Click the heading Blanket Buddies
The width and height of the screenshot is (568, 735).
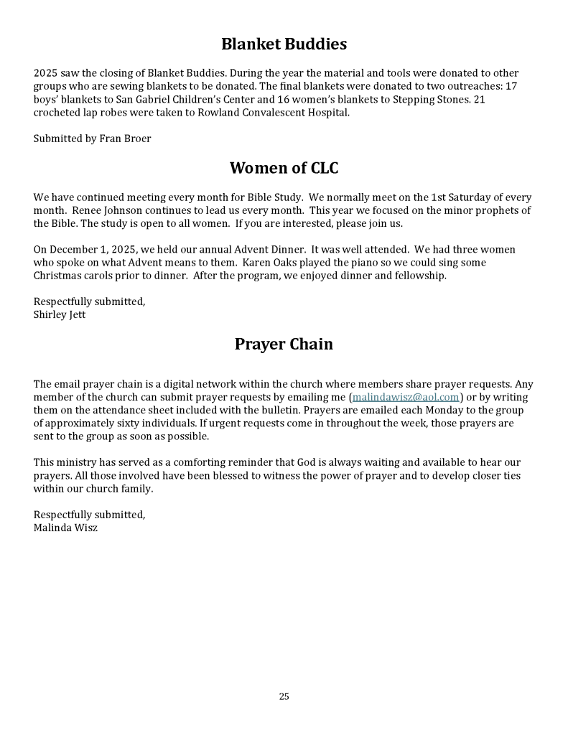pyautogui.click(x=284, y=45)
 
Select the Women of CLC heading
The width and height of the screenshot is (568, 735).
pyautogui.click(x=284, y=169)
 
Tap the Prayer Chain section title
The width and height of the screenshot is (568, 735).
pyautogui.click(x=284, y=345)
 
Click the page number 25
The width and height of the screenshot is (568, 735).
pyautogui.click(x=284, y=696)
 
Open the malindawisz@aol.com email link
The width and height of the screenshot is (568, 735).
pyautogui.click(x=406, y=398)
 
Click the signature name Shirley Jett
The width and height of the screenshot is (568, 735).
pyautogui.click(x=60, y=314)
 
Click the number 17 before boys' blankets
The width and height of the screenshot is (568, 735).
pyautogui.click(x=511, y=86)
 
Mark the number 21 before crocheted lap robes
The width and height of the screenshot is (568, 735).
pyautogui.click(x=479, y=99)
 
